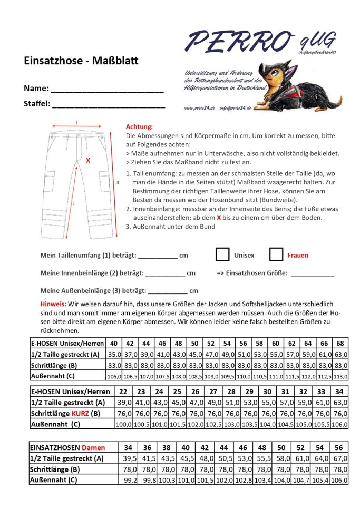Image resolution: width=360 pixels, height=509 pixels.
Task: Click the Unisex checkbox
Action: pos(222,254)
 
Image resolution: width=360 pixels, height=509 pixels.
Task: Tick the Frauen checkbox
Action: pos(276,254)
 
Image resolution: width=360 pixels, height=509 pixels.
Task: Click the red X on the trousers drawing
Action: pos(88,160)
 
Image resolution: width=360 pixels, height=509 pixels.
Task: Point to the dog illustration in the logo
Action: pos(300,85)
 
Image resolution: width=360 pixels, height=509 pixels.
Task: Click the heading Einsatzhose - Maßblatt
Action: pos(81,61)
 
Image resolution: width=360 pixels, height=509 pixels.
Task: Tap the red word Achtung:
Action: pos(140,127)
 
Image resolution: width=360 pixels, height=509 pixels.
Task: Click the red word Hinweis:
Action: pos(53,304)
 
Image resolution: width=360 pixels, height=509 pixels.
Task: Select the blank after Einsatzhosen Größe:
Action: pos(312,274)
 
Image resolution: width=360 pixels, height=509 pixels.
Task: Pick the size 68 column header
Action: pos(340,343)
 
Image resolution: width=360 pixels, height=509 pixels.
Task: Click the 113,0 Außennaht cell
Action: pos(340,376)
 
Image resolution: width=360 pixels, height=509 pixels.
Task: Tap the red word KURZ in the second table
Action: pos(81,414)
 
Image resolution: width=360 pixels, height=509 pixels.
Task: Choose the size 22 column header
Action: pos(123,391)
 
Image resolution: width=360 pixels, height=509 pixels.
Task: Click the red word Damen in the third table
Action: pos(93,447)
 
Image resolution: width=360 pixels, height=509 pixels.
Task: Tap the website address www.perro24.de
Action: pos(199,107)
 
